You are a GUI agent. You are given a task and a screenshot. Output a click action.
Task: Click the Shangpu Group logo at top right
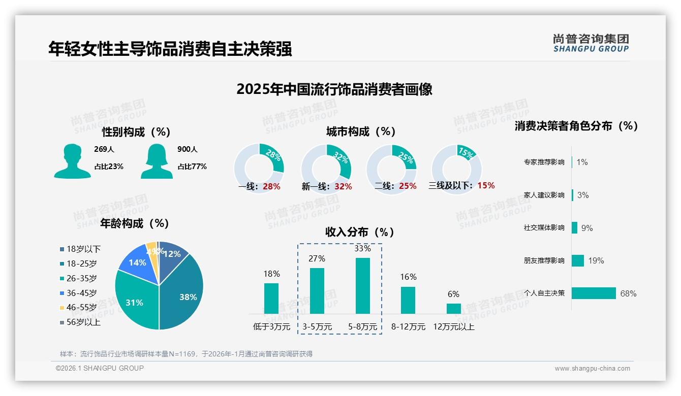pos(591,43)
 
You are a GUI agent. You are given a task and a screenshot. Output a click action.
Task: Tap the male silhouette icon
pos(72,161)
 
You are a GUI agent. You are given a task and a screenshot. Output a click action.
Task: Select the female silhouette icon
pos(157,161)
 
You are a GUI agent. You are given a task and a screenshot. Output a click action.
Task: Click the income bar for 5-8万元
pos(362,286)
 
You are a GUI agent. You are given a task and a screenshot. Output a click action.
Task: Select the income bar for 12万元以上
pos(453,309)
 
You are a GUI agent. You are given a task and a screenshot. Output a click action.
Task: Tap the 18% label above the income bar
pos(271,274)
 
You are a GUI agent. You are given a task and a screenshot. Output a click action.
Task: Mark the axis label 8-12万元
pos(408,326)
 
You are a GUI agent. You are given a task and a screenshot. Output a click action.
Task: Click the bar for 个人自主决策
pos(594,293)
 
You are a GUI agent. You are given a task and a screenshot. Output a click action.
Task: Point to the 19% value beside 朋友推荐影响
pos(596,260)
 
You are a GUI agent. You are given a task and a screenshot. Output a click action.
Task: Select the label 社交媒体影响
pos(544,227)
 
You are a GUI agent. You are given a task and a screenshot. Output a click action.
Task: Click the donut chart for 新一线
pos(326,169)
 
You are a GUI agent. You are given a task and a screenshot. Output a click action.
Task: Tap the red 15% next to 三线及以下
pos(486,185)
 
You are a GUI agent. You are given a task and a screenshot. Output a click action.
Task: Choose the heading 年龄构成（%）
pos(135,223)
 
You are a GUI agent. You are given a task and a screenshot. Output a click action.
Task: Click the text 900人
pos(187,149)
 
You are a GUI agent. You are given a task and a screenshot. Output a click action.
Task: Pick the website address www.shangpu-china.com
pos(592,368)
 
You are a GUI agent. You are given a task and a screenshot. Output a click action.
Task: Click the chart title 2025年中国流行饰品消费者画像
pos(334,89)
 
